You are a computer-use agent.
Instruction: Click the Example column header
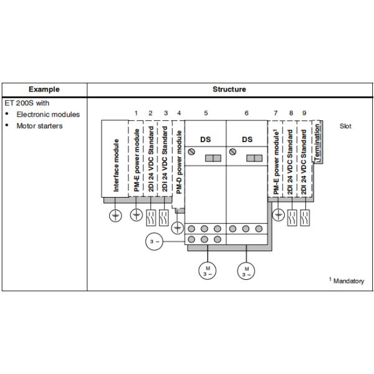pos(44,89)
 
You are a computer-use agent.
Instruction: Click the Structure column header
pos(229,89)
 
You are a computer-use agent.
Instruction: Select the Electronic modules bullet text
pos(48,115)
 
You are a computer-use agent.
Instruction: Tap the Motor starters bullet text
pos(40,126)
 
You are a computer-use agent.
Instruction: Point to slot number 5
pos(206,113)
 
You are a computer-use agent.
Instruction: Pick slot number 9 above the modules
pos(304,113)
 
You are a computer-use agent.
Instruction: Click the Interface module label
pos(116,165)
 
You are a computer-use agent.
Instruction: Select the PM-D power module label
pos(179,162)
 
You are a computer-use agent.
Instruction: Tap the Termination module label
pos(317,143)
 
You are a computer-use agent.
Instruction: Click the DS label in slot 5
pos(206,140)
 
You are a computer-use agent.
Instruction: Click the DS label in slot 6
pos(247,140)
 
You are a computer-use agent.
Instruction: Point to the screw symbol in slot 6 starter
pos(233,151)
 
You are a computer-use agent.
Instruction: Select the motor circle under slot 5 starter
pos(208,271)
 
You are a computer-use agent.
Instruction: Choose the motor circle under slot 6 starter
pos(246,271)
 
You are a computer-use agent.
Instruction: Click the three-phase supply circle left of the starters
pos(155,242)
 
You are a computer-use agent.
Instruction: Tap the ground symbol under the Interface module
pos(115,216)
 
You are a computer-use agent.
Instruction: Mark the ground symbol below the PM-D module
pos(178,228)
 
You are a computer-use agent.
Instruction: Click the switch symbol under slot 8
pos(292,218)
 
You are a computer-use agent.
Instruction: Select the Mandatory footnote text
pos(347,280)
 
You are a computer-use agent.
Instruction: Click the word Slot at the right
pos(345,126)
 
